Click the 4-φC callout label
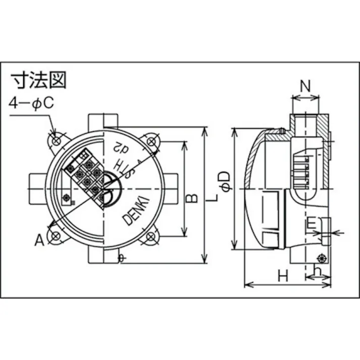31,104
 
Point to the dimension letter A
39,241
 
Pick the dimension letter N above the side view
305,86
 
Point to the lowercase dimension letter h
317,272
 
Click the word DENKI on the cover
135,211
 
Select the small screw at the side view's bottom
321,258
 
